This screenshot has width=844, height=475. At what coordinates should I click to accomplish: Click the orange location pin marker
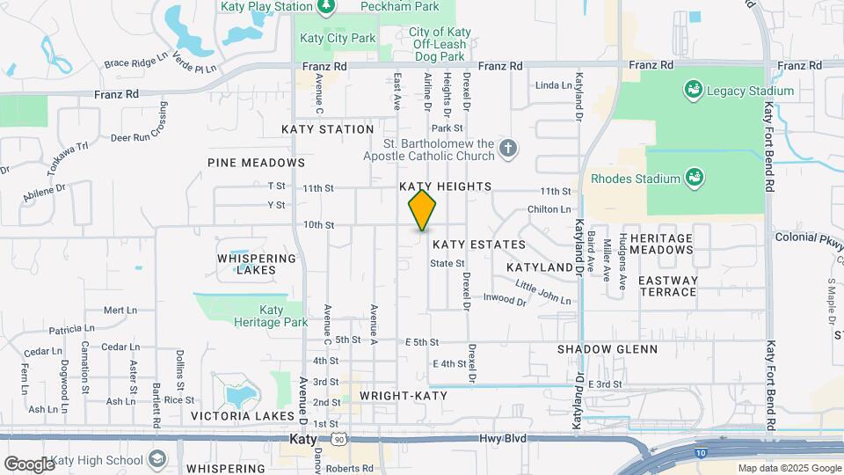(x=423, y=209)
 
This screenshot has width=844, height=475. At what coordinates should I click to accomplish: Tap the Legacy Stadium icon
(x=694, y=90)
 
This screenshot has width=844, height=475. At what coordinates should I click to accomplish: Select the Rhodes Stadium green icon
(x=694, y=179)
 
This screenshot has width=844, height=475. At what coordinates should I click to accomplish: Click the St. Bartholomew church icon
(x=507, y=150)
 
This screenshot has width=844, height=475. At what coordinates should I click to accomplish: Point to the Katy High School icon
(x=157, y=459)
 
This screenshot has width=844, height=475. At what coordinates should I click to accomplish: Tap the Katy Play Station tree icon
(x=326, y=6)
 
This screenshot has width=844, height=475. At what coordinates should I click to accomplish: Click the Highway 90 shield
(x=338, y=438)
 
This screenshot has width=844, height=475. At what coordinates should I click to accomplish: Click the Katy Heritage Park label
(x=271, y=316)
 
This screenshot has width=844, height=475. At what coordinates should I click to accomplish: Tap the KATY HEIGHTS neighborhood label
(x=445, y=186)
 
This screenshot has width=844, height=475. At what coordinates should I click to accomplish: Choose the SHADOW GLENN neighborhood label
(x=608, y=349)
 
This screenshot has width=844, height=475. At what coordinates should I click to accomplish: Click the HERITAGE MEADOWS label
(x=687, y=244)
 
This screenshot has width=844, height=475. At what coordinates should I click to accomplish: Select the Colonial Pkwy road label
(x=808, y=237)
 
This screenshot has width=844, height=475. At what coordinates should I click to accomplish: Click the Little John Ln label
(x=543, y=292)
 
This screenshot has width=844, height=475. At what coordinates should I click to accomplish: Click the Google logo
(x=29, y=464)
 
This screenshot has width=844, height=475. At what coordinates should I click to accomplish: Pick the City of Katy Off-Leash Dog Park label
(x=440, y=38)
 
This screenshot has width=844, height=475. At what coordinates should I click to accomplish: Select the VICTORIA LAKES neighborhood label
(x=242, y=416)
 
